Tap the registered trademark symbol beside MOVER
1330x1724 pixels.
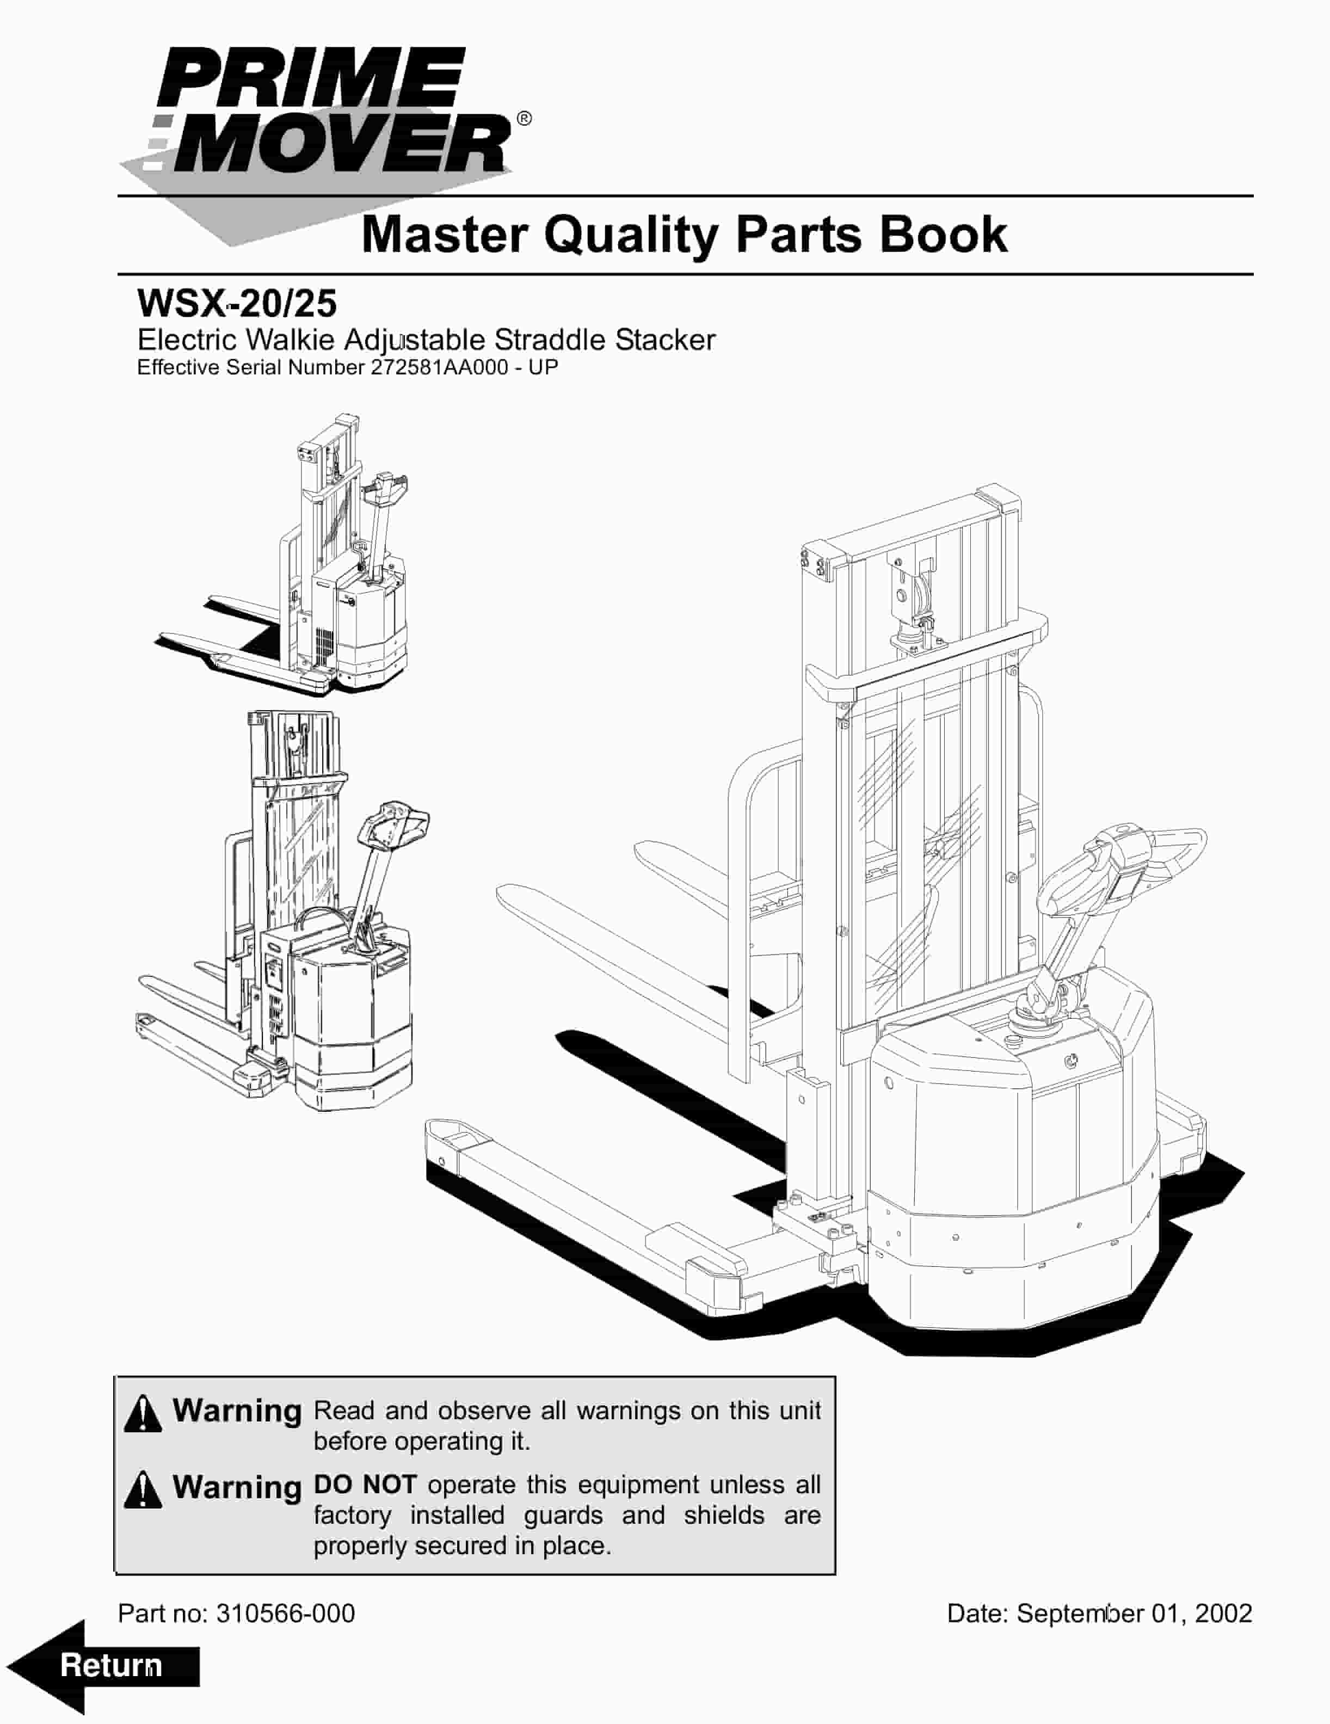click(524, 119)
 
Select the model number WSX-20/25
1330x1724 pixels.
click(237, 303)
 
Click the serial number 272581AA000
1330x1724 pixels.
click(439, 368)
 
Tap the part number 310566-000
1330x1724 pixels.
click(285, 1612)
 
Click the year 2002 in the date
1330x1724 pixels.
click(1223, 1612)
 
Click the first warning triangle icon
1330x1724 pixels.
click(143, 1413)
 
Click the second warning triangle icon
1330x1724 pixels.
click(143, 1489)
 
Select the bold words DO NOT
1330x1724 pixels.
click(365, 1485)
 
